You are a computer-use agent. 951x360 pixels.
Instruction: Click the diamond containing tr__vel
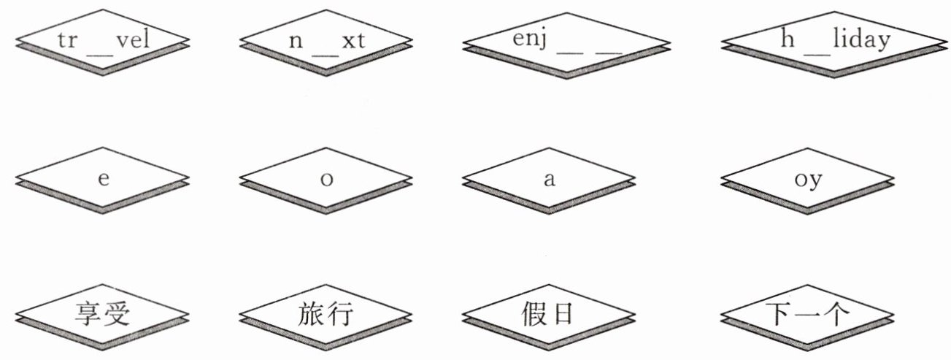(102, 39)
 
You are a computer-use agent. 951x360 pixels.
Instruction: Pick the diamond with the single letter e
(102, 180)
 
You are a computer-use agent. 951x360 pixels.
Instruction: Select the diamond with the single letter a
(548, 180)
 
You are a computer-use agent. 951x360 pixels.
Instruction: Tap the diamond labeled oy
(806, 180)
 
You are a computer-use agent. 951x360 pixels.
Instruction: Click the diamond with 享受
(102, 315)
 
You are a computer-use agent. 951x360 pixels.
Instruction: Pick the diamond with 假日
(548, 315)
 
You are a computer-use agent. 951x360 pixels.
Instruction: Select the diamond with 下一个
(806, 315)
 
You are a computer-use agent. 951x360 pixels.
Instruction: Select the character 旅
(311, 315)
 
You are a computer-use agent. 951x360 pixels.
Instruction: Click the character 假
(534, 315)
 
